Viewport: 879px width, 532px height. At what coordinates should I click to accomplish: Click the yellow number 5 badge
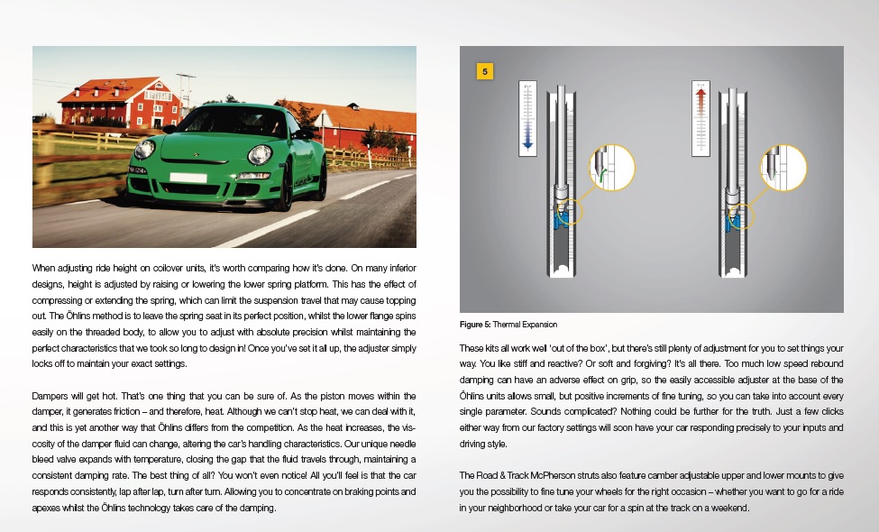tap(484, 71)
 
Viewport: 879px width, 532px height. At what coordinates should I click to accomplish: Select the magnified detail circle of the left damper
tap(612, 169)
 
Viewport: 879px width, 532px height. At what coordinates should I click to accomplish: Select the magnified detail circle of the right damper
tap(783, 169)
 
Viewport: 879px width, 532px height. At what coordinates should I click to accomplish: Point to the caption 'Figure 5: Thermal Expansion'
tap(508, 324)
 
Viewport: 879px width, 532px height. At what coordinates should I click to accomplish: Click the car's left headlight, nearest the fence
tap(144, 151)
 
